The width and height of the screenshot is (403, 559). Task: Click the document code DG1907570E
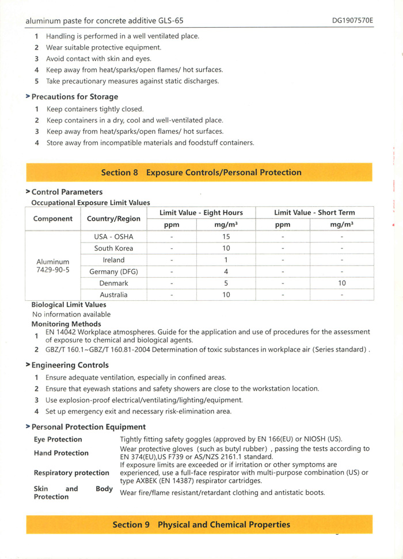click(x=352, y=20)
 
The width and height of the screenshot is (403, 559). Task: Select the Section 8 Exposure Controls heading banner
click(x=201, y=172)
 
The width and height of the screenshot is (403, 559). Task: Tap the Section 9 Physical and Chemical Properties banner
click(x=201, y=524)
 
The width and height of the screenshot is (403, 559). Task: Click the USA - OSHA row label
click(x=113, y=236)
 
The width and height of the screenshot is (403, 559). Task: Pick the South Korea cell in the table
click(x=113, y=248)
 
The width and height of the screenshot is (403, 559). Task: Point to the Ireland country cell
click(x=113, y=260)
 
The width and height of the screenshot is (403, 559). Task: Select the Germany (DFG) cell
click(x=113, y=271)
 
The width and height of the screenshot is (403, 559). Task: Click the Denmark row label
click(x=113, y=284)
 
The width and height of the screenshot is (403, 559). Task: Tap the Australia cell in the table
click(x=113, y=295)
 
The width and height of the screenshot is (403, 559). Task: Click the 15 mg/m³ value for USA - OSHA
click(x=226, y=236)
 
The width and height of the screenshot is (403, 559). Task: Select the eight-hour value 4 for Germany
click(x=226, y=271)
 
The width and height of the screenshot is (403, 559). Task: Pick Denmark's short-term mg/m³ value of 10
click(x=342, y=284)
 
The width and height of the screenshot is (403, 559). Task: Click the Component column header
click(x=53, y=219)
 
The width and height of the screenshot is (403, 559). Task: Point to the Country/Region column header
click(x=113, y=219)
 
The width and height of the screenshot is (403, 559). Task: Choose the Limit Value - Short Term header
click(x=314, y=213)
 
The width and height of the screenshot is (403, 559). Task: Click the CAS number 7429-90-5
click(x=53, y=270)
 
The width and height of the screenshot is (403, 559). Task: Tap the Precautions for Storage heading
click(x=74, y=97)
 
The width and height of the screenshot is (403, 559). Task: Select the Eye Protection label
click(x=58, y=439)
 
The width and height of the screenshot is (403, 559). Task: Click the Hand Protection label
click(x=61, y=453)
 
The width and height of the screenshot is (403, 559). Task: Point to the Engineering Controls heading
click(x=70, y=365)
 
